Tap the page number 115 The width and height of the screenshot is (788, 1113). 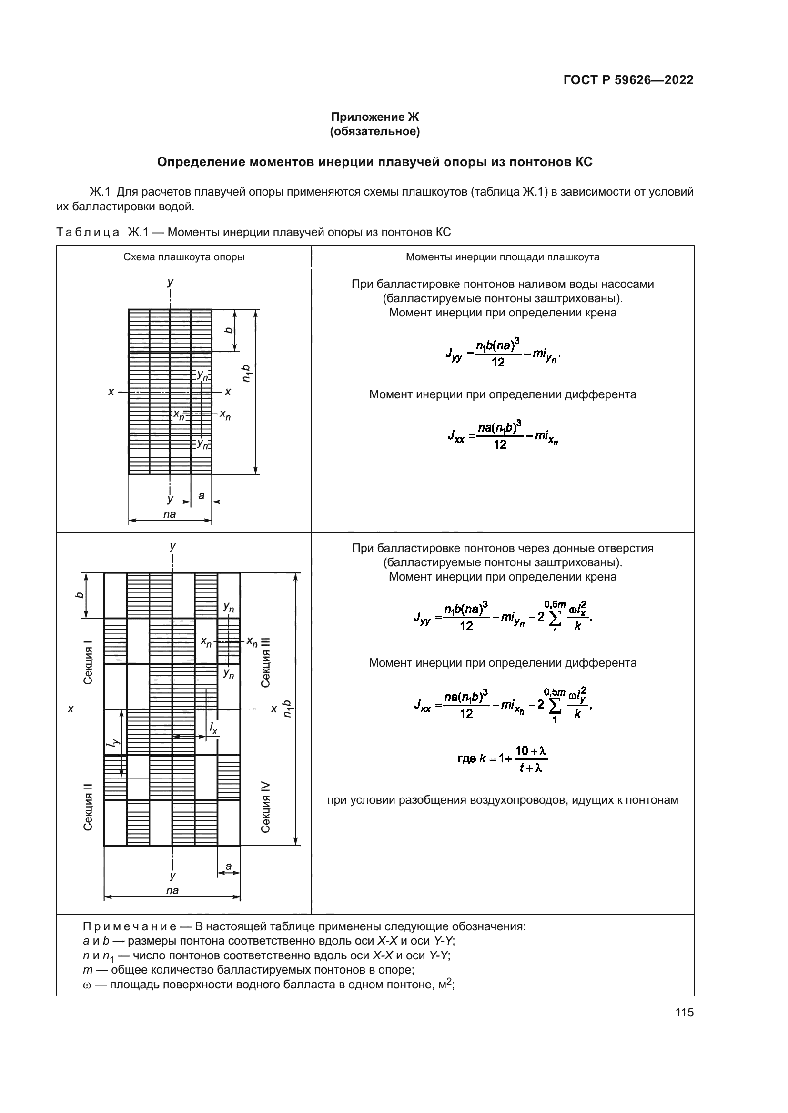pyautogui.click(x=684, y=1013)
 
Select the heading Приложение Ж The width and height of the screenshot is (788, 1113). pyautogui.click(x=374, y=117)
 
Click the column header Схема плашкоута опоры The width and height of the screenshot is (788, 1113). pyautogui.click(x=184, y=257)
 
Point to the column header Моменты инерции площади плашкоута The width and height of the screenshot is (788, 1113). pyautogui.click(x=502, y=257)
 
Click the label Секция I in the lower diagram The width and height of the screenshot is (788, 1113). pyautogui.click(x=88, y=662)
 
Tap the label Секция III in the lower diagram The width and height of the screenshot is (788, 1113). pyautogui.click(x=265, y=662)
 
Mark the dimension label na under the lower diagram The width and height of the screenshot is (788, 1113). pyautogui.click(x=172, y=890)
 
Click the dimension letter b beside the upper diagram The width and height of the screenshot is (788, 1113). pyautogui.click(x=228, y=330)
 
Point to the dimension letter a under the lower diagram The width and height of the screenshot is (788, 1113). pyautogui.click(x=228, y=866)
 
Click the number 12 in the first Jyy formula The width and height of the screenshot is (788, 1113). pyautogui.click(x=497, y=362)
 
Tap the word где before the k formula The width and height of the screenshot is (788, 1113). pyautogui.click(x=467, y=758)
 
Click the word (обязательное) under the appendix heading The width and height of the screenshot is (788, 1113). pyautogui.click(x=374, y=131)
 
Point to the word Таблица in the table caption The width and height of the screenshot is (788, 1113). pyautogui.click(x=88, y=232)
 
